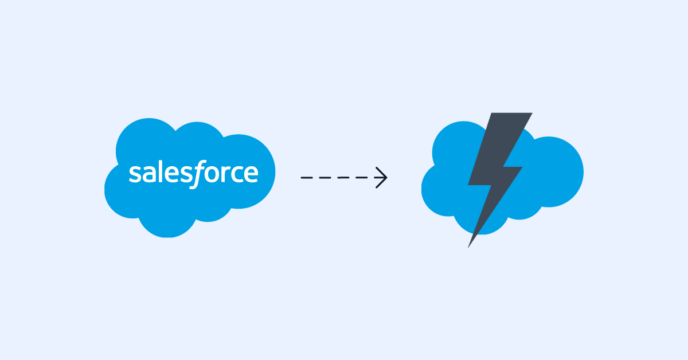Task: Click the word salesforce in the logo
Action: (x=193, y=173)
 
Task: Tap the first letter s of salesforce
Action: (x=134, y=174)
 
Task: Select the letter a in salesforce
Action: (x=147, y=174)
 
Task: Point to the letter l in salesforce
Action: (x=158, y=172)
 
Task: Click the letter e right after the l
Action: (x=168, y=174)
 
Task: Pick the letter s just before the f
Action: (x=182, y=174)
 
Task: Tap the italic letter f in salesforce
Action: (x=195, y=174)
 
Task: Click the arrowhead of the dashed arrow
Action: (x=382, y=178)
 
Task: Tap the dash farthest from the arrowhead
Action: (x=306, y=178)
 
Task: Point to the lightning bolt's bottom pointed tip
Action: (x=470, y=245)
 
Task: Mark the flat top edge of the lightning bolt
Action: (x=510, y=114)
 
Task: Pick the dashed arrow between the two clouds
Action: (x=344, y=178)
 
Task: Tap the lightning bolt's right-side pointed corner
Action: (x=521, y=168)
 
